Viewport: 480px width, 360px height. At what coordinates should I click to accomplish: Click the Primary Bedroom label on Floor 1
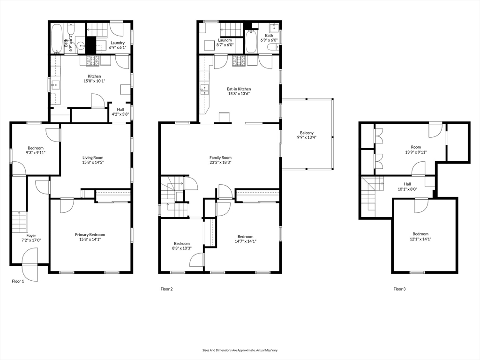tap(90, 235)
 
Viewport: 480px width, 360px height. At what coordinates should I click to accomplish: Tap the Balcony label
tap(307, 133)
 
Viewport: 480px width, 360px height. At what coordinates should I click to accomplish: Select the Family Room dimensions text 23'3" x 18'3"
tap(220, 163)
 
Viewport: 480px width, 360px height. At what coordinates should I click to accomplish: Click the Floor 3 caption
tap(399, 289)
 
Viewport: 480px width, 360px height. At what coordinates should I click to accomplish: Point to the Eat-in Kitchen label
tap(239, 89)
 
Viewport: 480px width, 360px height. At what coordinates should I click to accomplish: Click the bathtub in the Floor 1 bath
tap(57, 38)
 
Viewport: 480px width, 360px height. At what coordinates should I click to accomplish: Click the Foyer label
tap(31, 236)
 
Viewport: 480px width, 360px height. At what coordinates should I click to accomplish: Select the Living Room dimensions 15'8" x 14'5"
tap(93, 163)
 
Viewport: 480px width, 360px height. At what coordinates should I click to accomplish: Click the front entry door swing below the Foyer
tap(30, 265)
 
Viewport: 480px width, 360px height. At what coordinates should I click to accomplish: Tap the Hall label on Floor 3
tap(407, 184)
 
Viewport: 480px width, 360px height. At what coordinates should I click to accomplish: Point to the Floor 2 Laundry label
tap(225, 40)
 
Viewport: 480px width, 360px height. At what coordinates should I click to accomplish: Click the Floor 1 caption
tap(18, 281)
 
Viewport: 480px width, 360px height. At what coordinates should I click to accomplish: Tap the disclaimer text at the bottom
tap(240, 350)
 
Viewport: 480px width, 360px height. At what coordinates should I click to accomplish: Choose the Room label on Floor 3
tap(416, 147)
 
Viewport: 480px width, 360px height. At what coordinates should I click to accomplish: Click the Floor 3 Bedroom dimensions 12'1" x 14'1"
tap(420, 239)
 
